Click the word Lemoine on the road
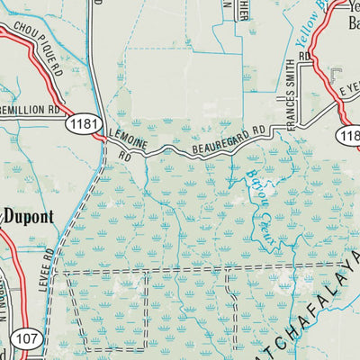click(126, 137)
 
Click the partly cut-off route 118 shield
click(350, 135)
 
